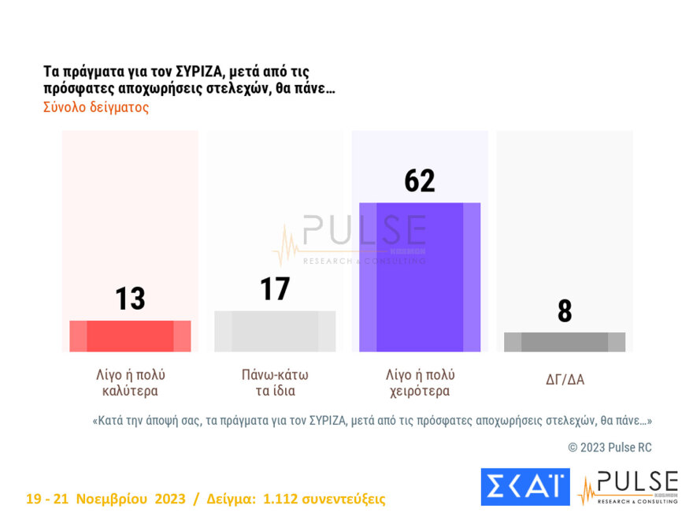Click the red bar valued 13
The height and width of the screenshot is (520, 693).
pos(130,336)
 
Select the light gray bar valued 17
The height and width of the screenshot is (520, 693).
pos(275,331)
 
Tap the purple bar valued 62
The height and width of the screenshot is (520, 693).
pos(420,277)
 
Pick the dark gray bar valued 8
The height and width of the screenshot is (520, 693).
pos(565,342)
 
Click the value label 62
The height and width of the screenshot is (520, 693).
pos(420,181)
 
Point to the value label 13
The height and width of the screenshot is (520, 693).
pos(130,299)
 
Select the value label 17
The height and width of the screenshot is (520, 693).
pos(275,289)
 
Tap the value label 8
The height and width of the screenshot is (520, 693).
pos(565,311)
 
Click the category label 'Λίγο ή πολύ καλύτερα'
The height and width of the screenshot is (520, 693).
pos(130,382)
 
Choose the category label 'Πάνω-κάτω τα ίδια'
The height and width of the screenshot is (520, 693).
pos(275,382)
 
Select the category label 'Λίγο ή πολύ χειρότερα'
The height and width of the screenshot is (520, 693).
pos(420,382)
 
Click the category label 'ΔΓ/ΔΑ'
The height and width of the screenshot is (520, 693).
pos(565,380)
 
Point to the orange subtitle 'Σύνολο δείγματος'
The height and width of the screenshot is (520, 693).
pos(96,107)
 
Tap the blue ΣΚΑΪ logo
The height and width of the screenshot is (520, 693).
pos(524,486)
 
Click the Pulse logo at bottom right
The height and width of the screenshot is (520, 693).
pos(628,487)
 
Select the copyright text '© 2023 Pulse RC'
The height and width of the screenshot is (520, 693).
pos(610,448)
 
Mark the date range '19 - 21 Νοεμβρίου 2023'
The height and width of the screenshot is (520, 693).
pos(106,499)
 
